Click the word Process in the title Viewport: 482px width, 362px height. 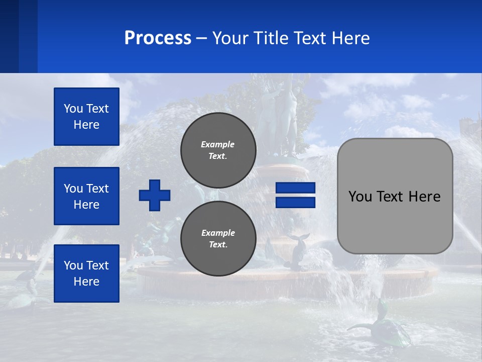point(158,38)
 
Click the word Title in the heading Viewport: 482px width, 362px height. point(270,38)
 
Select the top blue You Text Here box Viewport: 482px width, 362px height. point(86,117)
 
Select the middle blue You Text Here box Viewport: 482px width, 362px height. point(86,196)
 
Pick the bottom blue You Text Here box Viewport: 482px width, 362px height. point(86,274)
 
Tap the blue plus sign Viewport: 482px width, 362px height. point(155,195)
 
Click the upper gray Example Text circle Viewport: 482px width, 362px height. point(218,150)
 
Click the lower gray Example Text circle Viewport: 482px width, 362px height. point(218,239)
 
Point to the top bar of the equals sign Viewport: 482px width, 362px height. point(295,188)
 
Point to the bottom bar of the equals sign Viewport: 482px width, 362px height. point(295,202)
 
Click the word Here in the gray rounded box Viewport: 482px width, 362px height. point(424,197)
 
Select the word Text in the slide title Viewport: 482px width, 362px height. point(308,38)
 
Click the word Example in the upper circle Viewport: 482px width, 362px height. point(218,144)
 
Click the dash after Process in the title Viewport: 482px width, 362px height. point(202,38)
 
